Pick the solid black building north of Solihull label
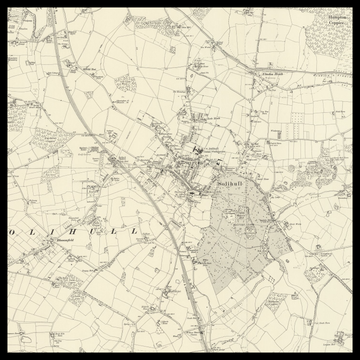[x=197, y=151]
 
